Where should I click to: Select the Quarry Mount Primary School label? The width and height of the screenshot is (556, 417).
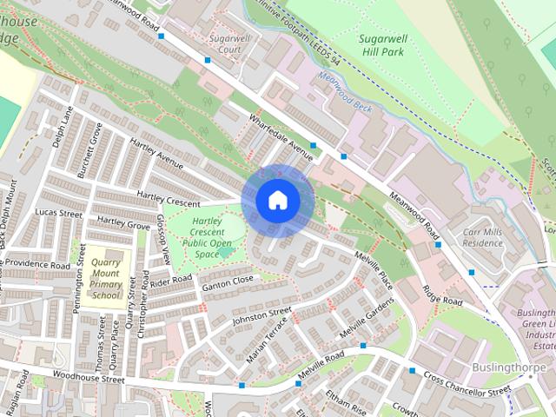click(x=105, y=278)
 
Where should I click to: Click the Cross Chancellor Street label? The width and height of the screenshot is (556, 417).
click(x=467, y=383)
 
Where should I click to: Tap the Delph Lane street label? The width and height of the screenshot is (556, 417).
click(x=61, y=127)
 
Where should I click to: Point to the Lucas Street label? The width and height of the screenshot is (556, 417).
click(x=59, y=212)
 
